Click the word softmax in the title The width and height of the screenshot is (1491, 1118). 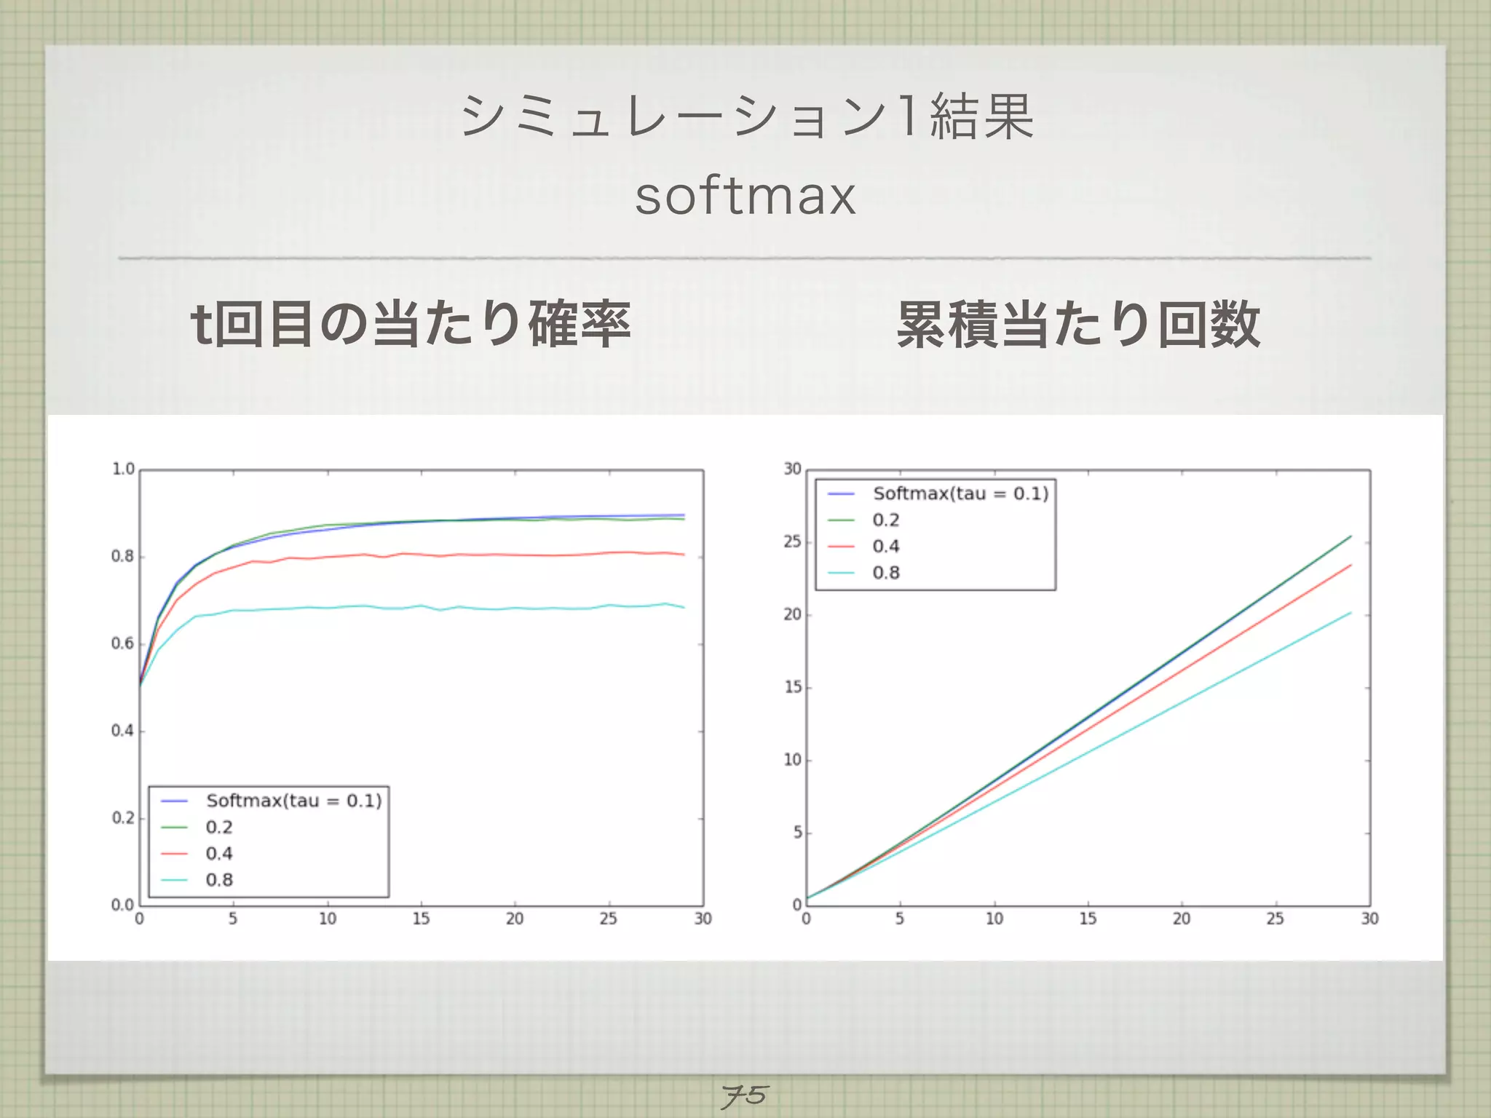tap(745, 197)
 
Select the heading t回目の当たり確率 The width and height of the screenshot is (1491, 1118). tap(410, 325)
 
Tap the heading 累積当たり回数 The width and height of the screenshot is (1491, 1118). tap(1078, 325)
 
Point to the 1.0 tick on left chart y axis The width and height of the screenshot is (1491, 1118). tap(123, 469)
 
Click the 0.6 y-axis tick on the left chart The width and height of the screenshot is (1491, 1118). tap(123, 644)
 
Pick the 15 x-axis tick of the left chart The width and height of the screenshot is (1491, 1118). tap(421, 919)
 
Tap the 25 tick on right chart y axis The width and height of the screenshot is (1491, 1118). tap(792, 542)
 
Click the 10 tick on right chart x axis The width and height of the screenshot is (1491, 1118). tap(994, 919)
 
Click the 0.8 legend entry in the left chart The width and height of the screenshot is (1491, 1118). tap(219, 880)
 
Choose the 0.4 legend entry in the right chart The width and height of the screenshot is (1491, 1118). tap(886, 547)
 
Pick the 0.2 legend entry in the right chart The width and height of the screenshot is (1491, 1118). tap(886, 520)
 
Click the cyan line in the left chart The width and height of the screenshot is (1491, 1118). tap(437, 607)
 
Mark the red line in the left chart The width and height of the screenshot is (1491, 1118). tap(437, 556)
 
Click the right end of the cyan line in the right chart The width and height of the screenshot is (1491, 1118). tap(1350, 613)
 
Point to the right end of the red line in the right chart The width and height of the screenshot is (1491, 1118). tap(1350, 566)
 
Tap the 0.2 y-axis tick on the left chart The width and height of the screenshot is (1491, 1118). tap(123, 819)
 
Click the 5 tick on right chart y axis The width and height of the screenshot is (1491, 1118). tap(797, 833)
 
